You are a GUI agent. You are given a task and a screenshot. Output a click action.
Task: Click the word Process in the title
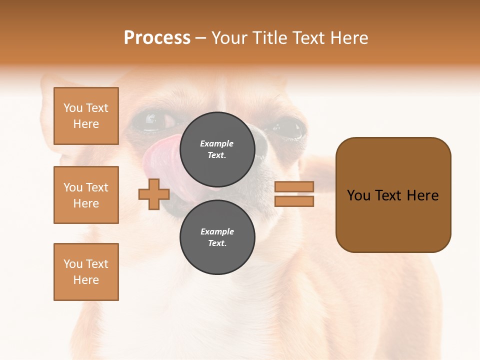(157, 38)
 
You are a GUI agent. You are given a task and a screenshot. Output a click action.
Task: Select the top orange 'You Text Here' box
(86, 116)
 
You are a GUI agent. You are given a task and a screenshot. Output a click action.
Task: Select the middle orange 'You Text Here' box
(86, 195)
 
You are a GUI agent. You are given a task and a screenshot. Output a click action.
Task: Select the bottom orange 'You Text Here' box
(86, 272)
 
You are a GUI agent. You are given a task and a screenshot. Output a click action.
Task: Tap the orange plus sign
(154, 194)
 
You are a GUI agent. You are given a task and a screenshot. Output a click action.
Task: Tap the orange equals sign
(294, 194)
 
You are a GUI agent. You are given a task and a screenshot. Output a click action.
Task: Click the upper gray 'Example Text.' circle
(217, 149)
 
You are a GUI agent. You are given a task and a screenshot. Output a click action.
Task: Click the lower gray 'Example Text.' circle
(217, 237)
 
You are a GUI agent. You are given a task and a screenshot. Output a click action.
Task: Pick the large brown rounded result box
(393, 195)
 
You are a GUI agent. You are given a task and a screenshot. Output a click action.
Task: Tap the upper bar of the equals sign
(294, 187)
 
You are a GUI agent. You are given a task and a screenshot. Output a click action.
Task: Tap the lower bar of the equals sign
(294, 201)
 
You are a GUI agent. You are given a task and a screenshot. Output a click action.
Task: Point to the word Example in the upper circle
(217, 143)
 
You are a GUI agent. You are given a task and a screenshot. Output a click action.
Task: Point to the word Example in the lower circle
(217, 231)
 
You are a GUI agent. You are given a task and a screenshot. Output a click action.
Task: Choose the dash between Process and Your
(200, 38)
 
